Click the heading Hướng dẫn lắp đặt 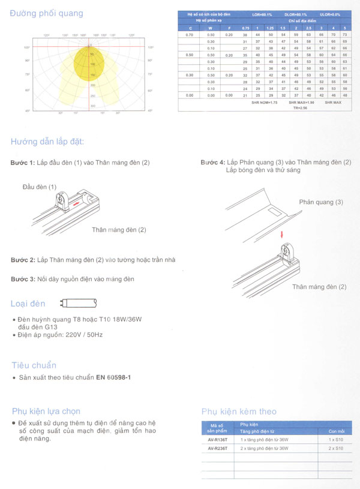(x=47, y=142)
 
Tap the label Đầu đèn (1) (x=40, y=187)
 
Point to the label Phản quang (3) (x=321, y=202)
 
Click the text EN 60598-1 (x=113, y=378)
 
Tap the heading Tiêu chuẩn (x=34, y=365)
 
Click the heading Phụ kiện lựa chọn (x=46, y=411)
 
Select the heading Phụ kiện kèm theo (x=239, y=412)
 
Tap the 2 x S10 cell (x=335, y=448)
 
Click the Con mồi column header (x=337, y=431)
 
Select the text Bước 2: (x=23, y=259)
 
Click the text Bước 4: (x=213, y=163)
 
